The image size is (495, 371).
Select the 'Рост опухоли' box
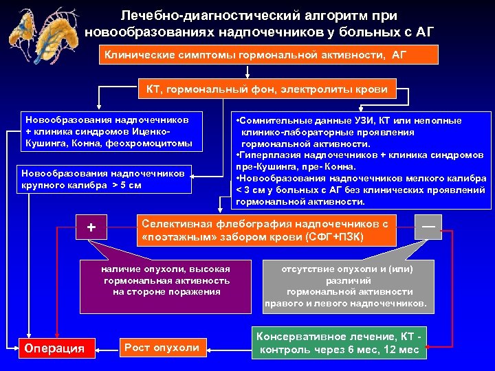[x=162, y=347]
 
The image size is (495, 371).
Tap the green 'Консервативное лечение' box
[x=338, y=343]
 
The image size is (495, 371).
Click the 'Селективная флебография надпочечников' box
[x=267, y=230]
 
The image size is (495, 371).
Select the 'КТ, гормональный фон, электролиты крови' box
[x=266, y=89]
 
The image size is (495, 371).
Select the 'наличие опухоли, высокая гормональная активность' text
[x=166, y=280]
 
